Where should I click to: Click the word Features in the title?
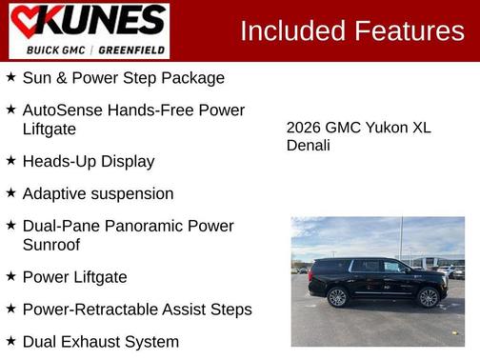409,31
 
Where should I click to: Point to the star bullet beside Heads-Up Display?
10,160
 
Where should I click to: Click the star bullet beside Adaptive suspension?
10,192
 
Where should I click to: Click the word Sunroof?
52,245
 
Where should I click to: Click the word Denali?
308,146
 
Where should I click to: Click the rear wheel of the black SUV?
338,297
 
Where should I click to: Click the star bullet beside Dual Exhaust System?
10,341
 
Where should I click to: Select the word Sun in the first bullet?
37,78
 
